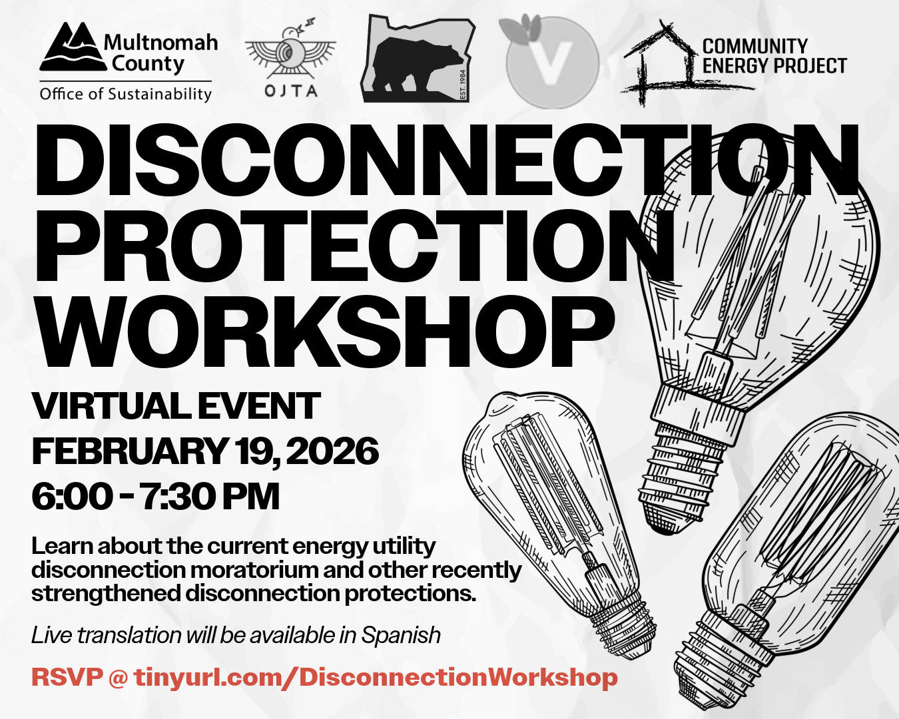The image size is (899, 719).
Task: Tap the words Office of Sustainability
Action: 126,94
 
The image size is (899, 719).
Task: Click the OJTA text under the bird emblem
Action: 291,91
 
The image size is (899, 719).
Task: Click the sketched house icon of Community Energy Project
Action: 685,63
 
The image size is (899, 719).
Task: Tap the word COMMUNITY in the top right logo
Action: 755,46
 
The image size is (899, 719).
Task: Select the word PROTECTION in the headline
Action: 354,246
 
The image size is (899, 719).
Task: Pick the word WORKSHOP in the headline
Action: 325,332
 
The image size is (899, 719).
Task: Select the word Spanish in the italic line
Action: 401,636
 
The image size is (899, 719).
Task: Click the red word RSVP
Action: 67,677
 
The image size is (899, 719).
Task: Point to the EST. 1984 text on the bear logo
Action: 462,85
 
